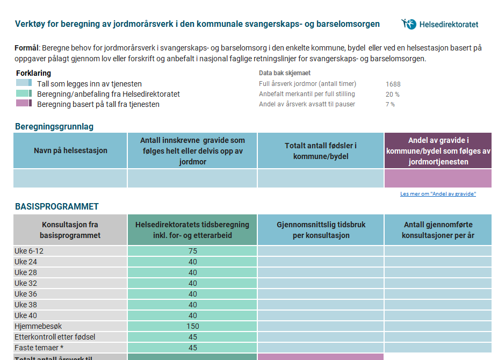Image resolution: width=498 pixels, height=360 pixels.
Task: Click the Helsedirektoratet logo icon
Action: coord(408,24)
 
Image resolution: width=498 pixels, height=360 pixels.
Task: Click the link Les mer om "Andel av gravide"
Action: coord(438,194)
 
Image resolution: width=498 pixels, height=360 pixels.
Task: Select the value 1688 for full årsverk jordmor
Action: coord(393,84)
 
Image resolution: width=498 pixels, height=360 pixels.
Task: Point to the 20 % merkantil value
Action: coord(392,94)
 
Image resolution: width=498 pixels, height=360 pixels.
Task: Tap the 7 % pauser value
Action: coord(390,104)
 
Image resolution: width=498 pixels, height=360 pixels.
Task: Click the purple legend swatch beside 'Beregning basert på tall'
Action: coord(24,103)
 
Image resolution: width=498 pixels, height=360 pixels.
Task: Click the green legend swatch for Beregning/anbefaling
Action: coord(24,93)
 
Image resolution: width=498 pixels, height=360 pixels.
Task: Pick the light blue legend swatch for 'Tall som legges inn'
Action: coord(24,83)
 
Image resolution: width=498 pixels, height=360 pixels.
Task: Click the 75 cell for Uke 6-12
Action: coord(192,251)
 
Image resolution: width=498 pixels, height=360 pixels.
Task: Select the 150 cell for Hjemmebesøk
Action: coord(192,326)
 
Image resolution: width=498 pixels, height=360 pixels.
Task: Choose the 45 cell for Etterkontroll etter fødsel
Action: coord(192,337)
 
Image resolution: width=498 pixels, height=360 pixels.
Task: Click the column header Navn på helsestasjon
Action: coord(70,150)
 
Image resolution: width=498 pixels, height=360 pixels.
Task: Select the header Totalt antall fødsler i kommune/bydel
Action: coord(321,151)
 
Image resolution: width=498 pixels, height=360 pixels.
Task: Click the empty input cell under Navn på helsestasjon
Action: coord(70,178)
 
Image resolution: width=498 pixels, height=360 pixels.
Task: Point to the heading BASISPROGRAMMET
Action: coord(57,206)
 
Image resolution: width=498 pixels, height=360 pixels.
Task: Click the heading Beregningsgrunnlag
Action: coord(54,127)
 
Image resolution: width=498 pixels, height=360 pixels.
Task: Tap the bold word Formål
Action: coord(27,48)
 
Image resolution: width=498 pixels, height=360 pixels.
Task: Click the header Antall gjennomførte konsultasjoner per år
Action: coord(438,230)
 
